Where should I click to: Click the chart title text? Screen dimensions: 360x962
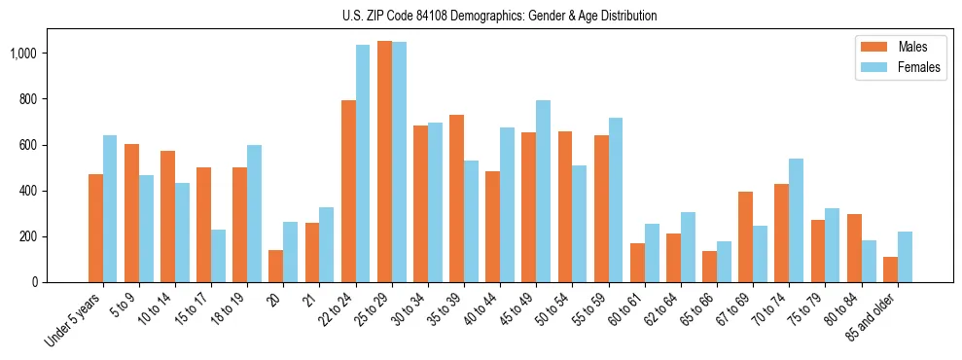[499, 16]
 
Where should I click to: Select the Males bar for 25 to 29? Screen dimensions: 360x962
[384, 162]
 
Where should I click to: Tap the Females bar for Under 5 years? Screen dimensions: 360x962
[110, 209]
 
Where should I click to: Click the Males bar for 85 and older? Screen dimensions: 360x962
[889, 270]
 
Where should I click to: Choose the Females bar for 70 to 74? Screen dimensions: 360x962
[796, 221]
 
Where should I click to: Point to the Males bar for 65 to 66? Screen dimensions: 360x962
[709, 267]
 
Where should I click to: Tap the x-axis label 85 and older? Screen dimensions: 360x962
[879, 316]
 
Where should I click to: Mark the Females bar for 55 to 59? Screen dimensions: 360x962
[615, 200]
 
